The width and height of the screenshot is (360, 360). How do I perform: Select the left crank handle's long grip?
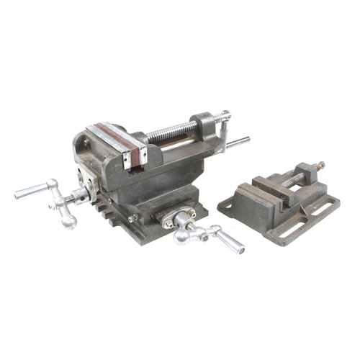(31, 191)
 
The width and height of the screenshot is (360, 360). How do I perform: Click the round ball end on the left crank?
(68, 221)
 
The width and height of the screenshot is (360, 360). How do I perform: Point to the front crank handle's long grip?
(230, 241)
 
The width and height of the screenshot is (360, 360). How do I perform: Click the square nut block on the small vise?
(305, 173)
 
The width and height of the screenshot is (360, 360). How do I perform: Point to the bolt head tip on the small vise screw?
(320, 166)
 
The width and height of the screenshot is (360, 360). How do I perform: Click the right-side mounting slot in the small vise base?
(326, 209)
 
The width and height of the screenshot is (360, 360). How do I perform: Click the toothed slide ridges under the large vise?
(108, 212)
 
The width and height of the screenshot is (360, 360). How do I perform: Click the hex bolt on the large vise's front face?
(133, 217)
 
